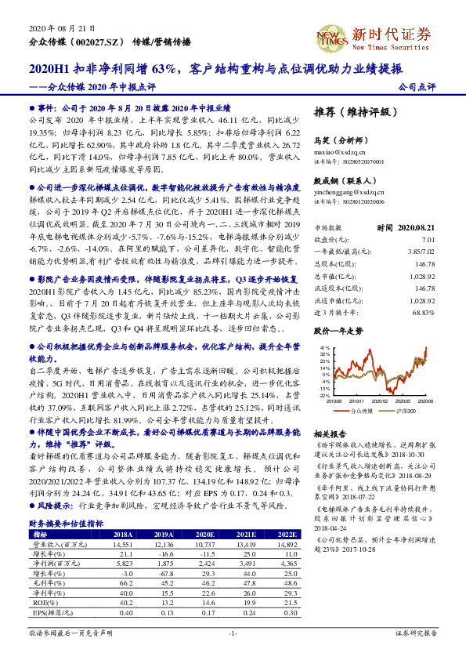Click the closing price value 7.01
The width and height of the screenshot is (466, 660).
(428, 238)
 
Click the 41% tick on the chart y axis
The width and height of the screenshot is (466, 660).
(325, 346)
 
